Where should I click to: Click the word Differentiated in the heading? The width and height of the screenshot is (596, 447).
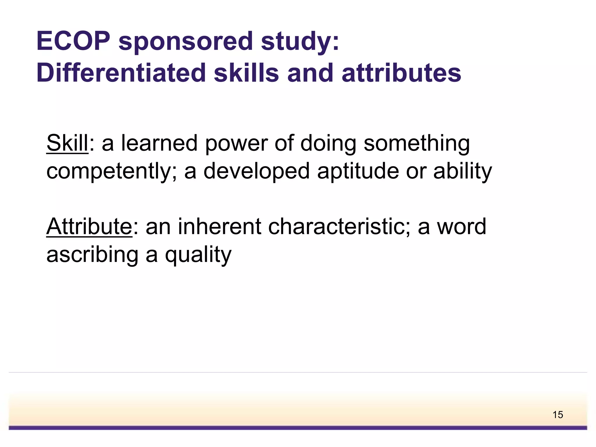click(121, 73)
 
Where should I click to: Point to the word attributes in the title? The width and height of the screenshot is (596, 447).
click(401, 73)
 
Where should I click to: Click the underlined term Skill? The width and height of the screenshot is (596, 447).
click(67, 143)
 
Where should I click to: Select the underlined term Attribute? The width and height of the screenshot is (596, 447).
click(89, 226)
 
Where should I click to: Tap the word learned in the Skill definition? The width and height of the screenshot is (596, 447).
click(159, 143)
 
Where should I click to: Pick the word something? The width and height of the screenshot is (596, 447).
click(416, 143)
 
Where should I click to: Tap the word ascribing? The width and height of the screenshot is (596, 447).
click(92, 255)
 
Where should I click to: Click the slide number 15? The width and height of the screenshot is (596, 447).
click(558, 415)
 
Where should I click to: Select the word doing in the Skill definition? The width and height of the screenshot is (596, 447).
click(328, 143)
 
